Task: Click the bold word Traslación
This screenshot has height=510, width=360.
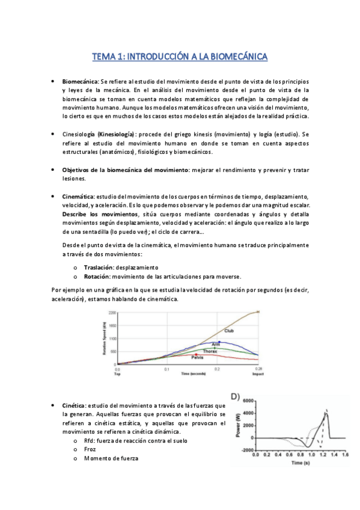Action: [99, 267]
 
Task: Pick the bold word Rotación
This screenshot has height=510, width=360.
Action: [97, 276]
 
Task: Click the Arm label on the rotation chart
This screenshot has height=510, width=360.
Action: [215, 344]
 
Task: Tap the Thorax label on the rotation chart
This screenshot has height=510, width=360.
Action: [209, 351]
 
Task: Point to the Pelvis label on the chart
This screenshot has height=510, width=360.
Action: [198, 358]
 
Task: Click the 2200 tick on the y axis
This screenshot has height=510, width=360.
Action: [112, 313]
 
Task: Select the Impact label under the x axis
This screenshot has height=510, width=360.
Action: [259, 373]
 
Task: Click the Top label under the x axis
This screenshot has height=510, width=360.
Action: [117, 373]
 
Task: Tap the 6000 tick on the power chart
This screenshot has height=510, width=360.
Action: [248, 400]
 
